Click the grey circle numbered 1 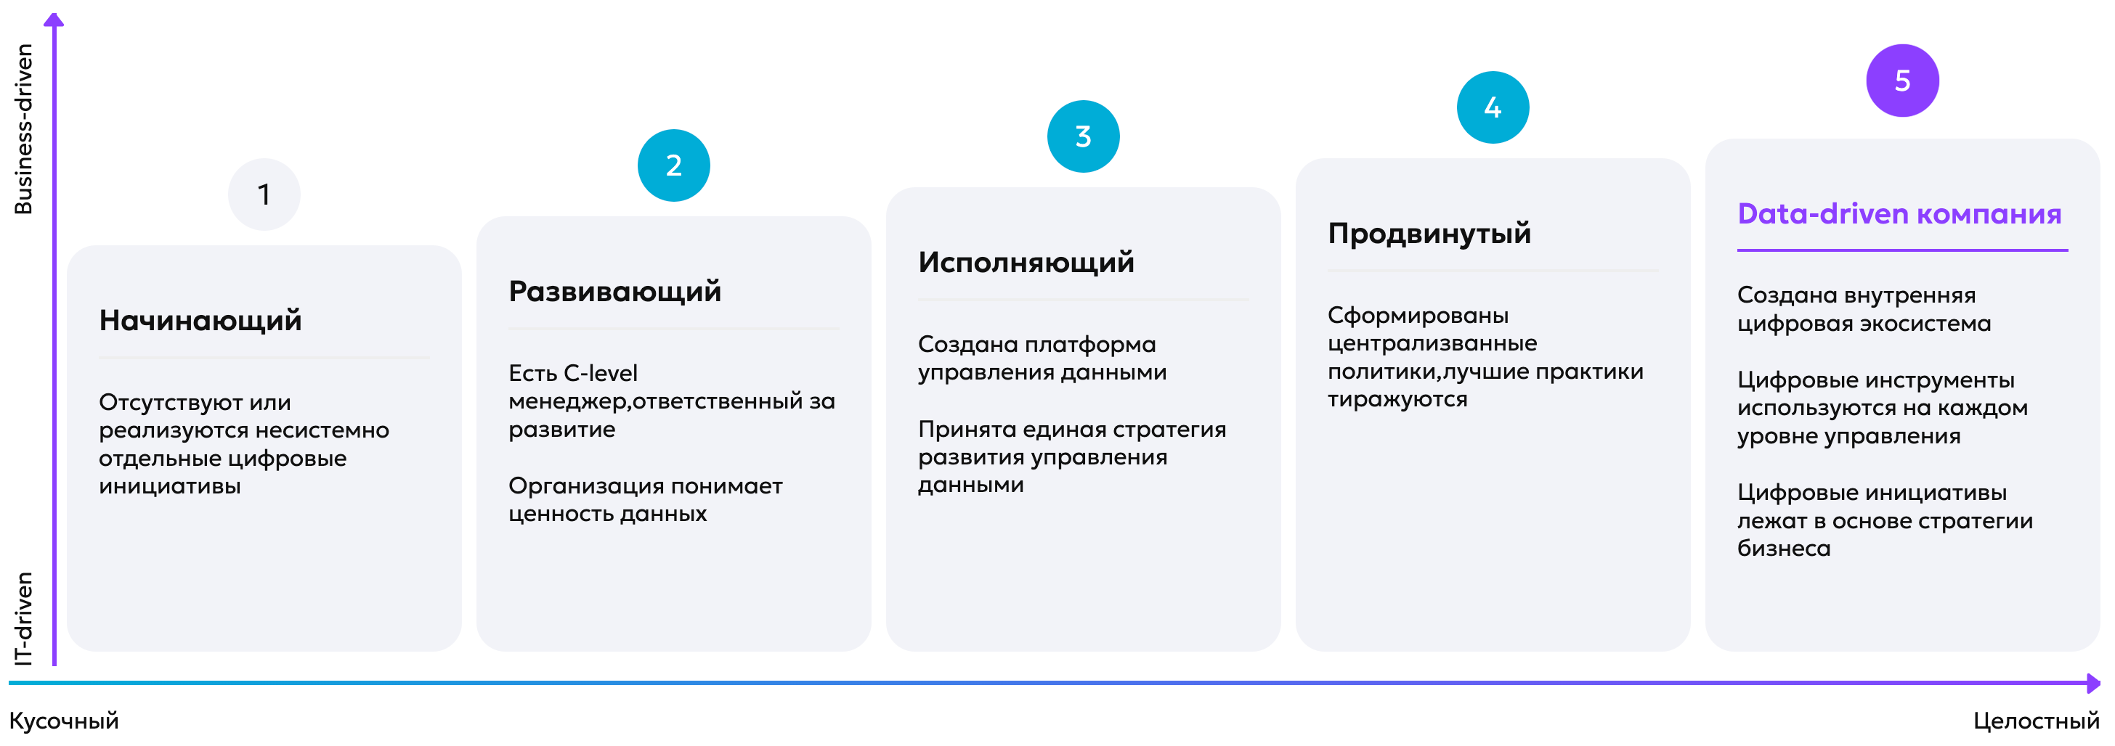[264, 194]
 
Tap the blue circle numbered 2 [673, 165]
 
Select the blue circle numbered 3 [1083, 136]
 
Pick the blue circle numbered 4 [1493, 107]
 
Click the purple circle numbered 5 [1902, 81]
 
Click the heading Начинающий [200, 320]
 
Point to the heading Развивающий [615, 291]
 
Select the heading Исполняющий [1026, 262]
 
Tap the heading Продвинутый [1429, 234]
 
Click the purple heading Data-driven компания [1899, 213]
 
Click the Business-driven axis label [24, 129]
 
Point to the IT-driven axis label [24, 618]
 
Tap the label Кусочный [64, 721]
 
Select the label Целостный [2036, 721]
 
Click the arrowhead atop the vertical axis [54, 20]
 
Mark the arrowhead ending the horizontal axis [2094, 683]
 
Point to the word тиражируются [1397, 400]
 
